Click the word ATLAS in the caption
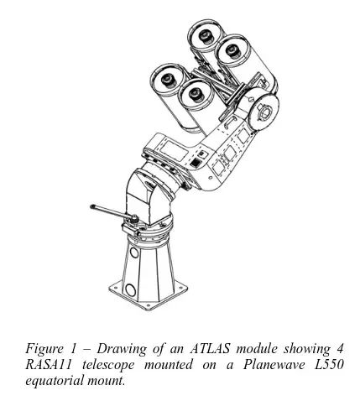pos(211,349)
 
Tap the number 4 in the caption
pos(340,349)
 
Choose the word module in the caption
pos(257,349)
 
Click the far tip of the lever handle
pos(92,206)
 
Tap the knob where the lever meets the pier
pos(135,217)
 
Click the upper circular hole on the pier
pos(134,253)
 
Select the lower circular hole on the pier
pos(130,289)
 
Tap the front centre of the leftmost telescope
pos(168,80)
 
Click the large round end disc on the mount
pos(264,112)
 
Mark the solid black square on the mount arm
pos(196,162)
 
